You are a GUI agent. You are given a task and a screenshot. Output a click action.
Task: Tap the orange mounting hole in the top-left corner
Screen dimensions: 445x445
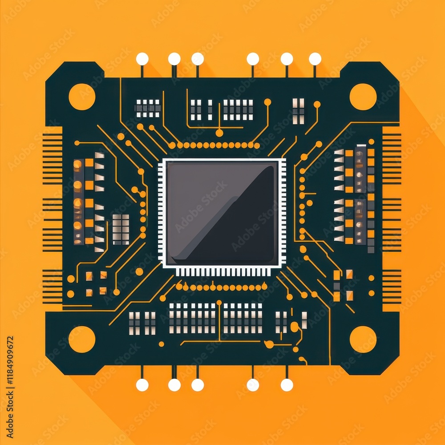click(82, 97)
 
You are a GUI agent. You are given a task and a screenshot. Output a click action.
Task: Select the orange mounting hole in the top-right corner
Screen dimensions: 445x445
click(363, 97)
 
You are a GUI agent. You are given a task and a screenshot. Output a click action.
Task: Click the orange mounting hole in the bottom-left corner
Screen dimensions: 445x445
click(82, 339)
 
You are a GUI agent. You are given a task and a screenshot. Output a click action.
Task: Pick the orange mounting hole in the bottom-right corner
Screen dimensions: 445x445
click(363, 339)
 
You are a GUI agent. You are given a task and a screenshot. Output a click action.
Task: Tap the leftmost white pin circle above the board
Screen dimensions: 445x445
click(142, 59)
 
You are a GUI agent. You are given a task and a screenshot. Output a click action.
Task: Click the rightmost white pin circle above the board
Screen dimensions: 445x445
click(315, 59)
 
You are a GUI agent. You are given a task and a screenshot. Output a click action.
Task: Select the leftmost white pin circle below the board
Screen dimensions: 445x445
click(142, 385)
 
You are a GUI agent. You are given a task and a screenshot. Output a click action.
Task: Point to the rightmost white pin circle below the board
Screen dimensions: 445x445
click(287, 385)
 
